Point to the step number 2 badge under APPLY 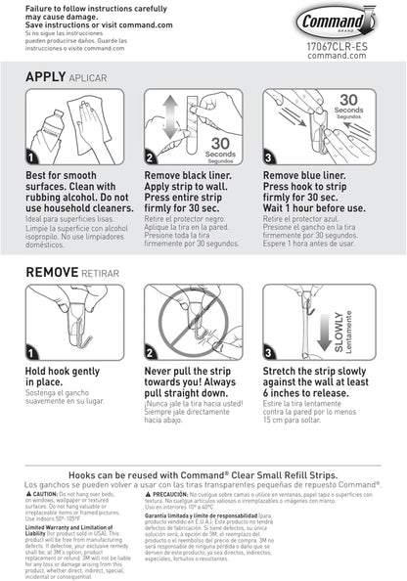(x=150, y=156)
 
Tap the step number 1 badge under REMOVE (x=32, y=352)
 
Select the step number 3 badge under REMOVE (x=269, y=352)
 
